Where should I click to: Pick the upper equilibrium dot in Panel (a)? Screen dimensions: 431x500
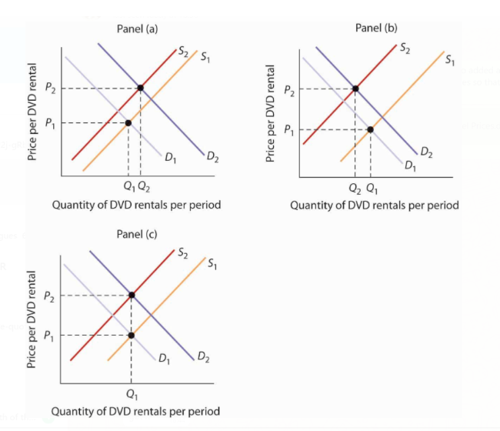point(140,88)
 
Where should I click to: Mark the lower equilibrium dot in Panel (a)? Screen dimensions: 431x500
point(128,123)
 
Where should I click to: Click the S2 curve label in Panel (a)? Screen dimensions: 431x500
point(182,53)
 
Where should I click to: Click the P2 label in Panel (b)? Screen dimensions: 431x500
point(288,89)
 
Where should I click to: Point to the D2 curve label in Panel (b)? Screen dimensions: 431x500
point(425,155)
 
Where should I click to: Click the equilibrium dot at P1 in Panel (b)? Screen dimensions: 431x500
point(371,129)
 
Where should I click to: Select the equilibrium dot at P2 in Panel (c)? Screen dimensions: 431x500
point(132,296)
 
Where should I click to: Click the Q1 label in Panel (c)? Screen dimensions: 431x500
point(132,395)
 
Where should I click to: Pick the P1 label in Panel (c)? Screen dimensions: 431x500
point(48,336)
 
